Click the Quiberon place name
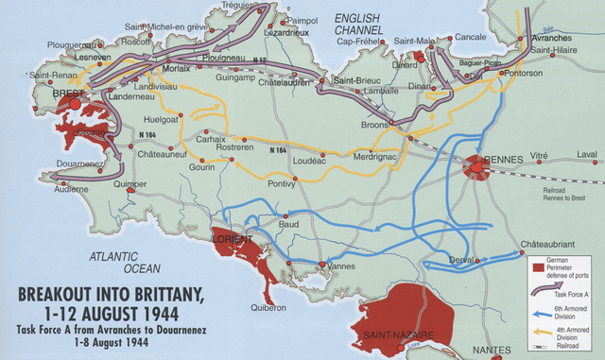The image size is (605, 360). click(x=268, y=307)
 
